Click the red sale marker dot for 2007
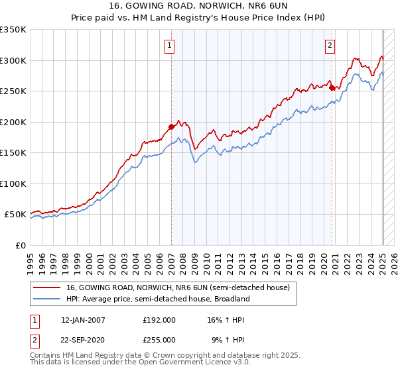tap(171, 126)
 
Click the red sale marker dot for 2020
tap(332, 87)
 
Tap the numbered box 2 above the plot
tap(330, 46)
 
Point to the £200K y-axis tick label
tap(13, 122)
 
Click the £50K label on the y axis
tap(15, 215)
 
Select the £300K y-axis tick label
tap(13, 60)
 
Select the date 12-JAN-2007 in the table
tap(83, 319)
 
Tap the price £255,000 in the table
tap(159, 339)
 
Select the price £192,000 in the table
tap(159, 319)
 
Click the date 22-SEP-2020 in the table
tap(83, 339)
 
